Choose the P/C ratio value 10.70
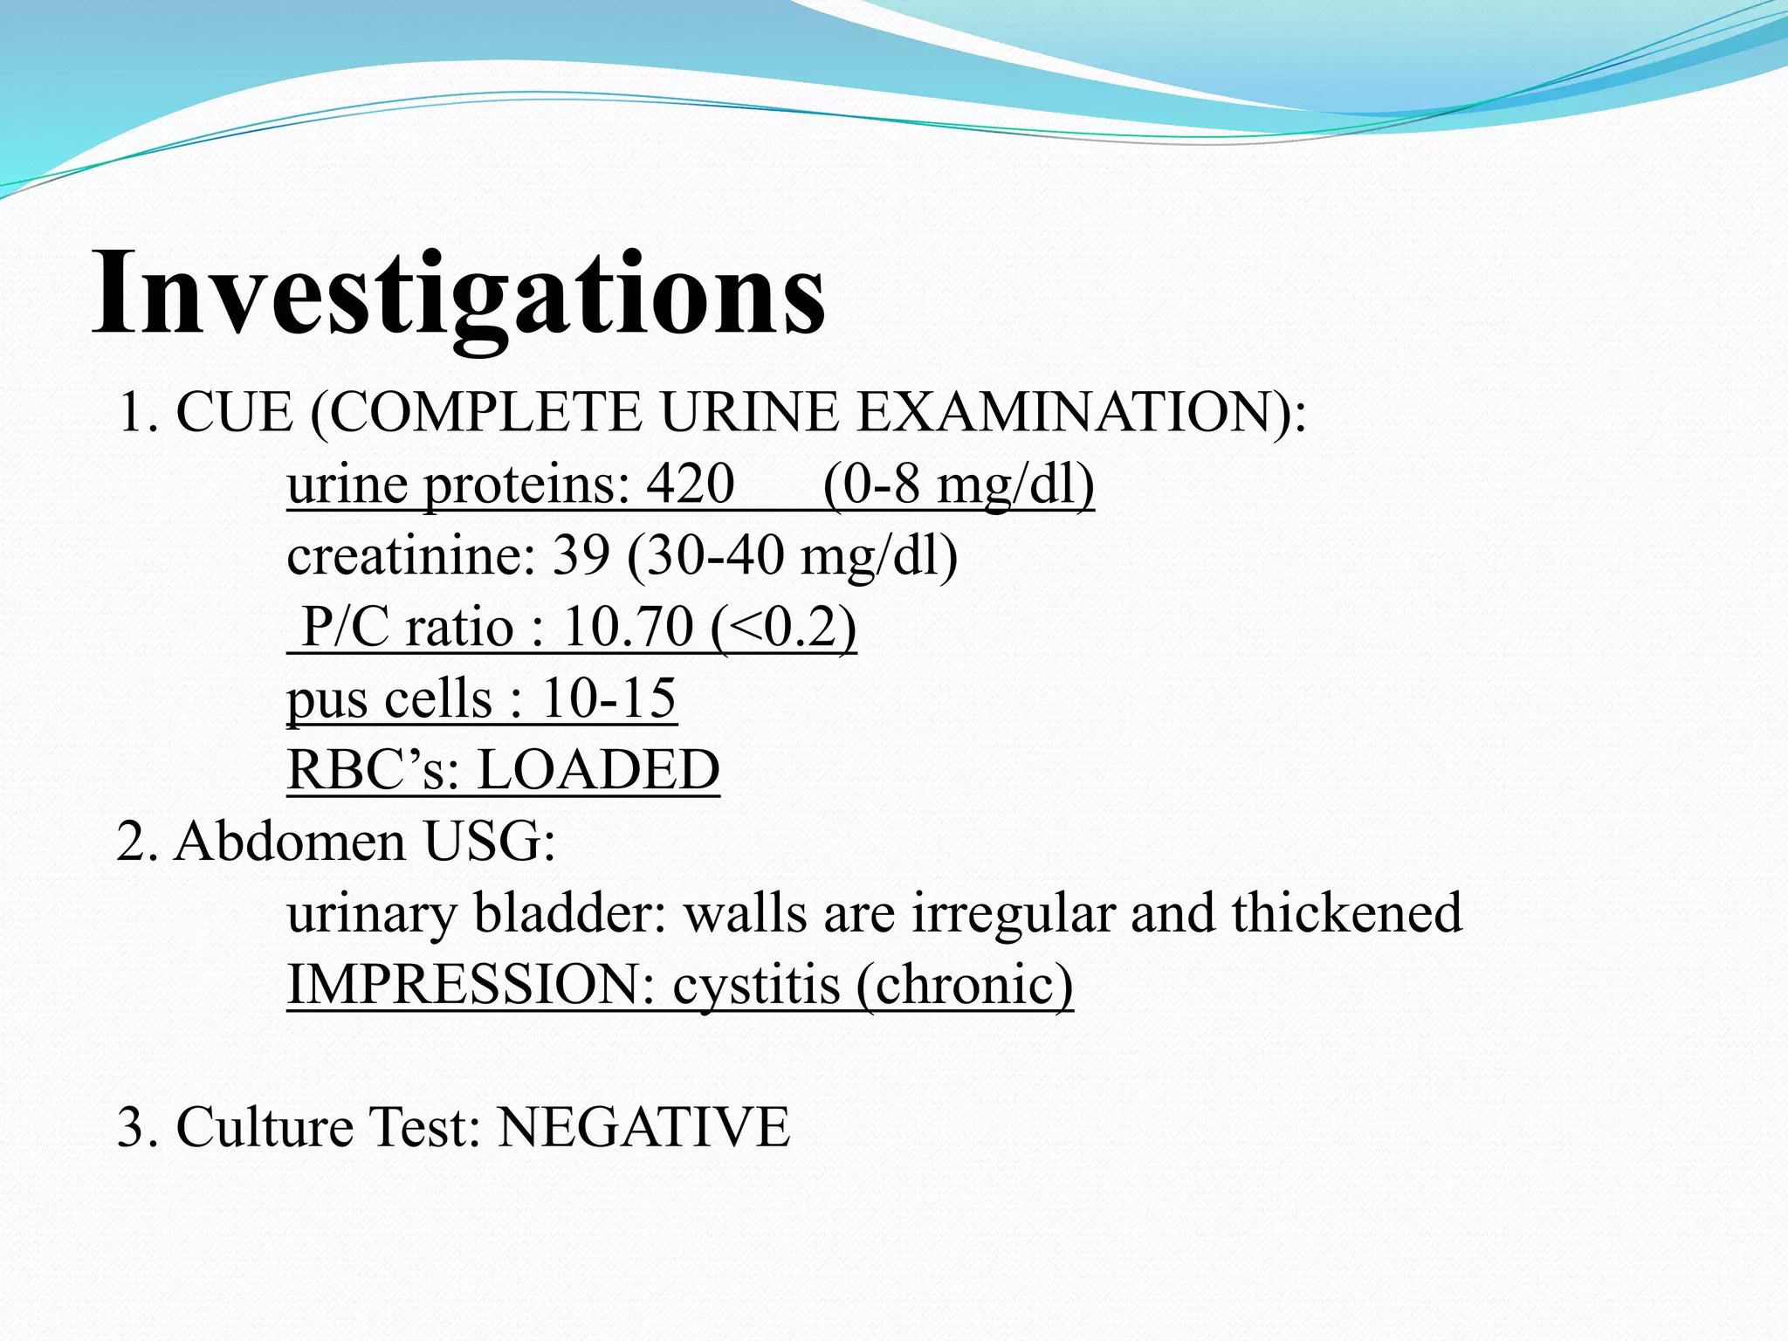point(629,626)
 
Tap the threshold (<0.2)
point(783,626)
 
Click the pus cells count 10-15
point(609,698)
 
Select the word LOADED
point(598,769)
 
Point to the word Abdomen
point(290,841)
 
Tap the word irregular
point(1014,912)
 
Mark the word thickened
point(1346,912)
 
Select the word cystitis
point(756,984)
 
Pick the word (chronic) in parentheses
point(964,984)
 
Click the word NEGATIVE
point(643,1125)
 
